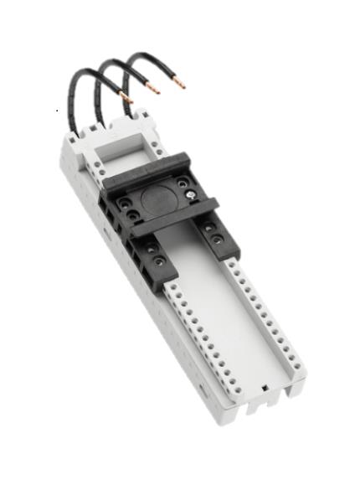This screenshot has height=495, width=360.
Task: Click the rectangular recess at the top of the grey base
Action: pyautogui.click(x=122, y=148)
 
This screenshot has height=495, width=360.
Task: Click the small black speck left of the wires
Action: pyautogui.click(x=57, y=109)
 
